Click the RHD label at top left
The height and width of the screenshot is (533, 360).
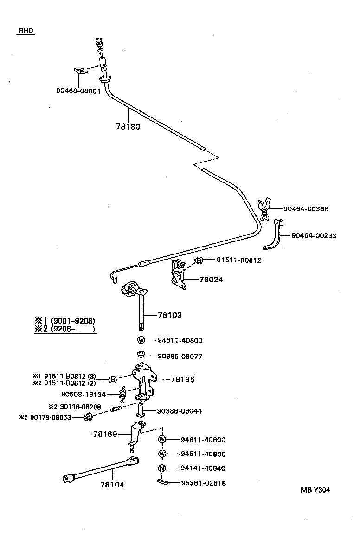pyautogui.click(x=26, y=31)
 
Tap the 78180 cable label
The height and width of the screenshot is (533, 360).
pyautogui.click(x=128, y=126)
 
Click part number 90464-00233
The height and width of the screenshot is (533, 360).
pyautogui.click(x=314, y=236)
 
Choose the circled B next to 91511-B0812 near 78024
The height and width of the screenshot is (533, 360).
pyautogui.click(x=199, y=260)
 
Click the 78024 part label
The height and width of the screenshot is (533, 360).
pyautogui.click(x=211, y=279)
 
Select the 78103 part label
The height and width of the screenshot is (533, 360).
pyautogui.click(x=170, y=315)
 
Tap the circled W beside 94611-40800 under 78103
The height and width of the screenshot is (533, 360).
pyautogui.click(x=141, y=340)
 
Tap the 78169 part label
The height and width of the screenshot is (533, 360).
pyautogui.click(x=106, y=434)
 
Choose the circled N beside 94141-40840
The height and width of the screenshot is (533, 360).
pyautogui.click(x=162, y=468)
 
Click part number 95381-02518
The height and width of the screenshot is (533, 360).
pyautogui.click(x=203, y=483)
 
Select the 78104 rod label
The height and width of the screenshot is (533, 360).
pyautogui.click(x=112, y=485)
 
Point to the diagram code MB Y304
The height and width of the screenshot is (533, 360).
pyautogui.click(x=315, y=490)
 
